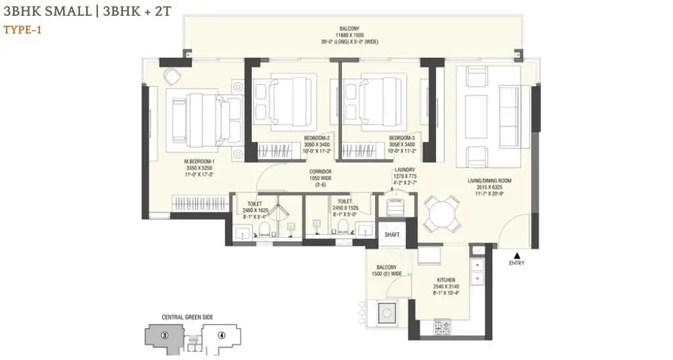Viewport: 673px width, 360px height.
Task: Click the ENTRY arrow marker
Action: tap(517, 255)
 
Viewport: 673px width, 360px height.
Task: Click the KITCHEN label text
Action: tap(444, 280)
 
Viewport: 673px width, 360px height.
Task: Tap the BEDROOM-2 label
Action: tap(317, 138)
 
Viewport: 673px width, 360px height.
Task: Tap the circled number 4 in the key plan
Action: tap(221, 334)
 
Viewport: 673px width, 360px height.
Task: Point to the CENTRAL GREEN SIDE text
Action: tap(187, 317)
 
